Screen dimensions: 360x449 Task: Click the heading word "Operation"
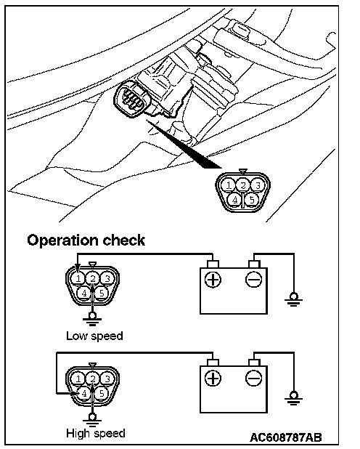pos(62,240)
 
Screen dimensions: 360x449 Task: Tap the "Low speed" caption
pos(94,336)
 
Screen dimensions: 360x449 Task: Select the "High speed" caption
pos(96,433)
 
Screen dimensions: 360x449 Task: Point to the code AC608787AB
pos(285,437)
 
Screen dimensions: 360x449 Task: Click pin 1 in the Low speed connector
pos(78,278)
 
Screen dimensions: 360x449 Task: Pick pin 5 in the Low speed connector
pos(102,293)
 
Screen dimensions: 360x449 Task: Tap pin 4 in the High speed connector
pos(84,394)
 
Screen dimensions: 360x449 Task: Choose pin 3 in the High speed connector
pos(107,379)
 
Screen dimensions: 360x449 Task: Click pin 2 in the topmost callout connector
pos(243,185)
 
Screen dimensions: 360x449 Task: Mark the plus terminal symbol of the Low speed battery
pos(213,279)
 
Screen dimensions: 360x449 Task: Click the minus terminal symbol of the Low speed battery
pos(253,279)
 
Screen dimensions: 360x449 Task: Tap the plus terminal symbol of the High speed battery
pos(213,379)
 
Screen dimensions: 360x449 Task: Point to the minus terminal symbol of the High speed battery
pos(253,379)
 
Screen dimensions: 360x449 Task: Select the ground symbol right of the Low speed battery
pos(294,299)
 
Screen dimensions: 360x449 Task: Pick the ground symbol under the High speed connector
pos(92,418)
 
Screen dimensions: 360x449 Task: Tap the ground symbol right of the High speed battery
pos(294,398)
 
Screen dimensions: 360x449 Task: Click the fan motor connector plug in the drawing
pos(131,100)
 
